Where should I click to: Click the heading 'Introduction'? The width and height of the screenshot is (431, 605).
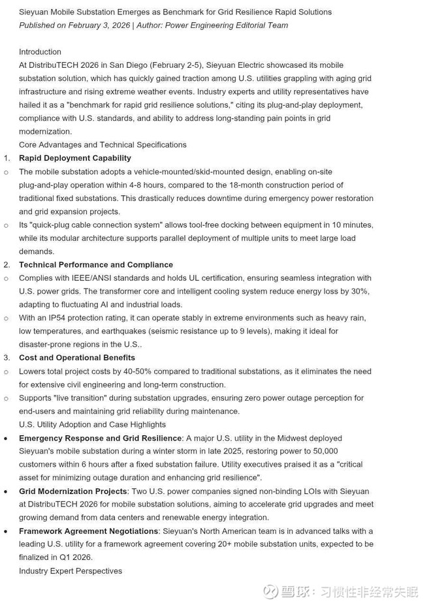[40, 52]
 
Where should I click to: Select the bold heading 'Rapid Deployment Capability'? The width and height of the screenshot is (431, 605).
[74, 158]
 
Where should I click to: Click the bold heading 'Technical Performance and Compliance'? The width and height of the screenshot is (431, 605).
[96, 264]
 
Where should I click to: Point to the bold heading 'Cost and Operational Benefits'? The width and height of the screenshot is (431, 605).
[77, 358]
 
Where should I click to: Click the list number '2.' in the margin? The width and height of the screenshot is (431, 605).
[7, 264]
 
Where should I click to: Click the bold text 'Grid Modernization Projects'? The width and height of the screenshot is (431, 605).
[72, 491]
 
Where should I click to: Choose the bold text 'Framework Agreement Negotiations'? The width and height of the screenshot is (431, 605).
[88, 531]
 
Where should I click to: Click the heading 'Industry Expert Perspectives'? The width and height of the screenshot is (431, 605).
[71, 570]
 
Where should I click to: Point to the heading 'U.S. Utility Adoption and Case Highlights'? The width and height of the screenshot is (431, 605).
[92, 424]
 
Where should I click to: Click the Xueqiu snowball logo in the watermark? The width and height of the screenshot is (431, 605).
[271, 591]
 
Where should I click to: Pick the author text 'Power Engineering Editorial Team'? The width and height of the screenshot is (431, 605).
[227, 25]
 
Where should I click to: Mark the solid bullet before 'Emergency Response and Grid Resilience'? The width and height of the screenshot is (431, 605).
[6, 439]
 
